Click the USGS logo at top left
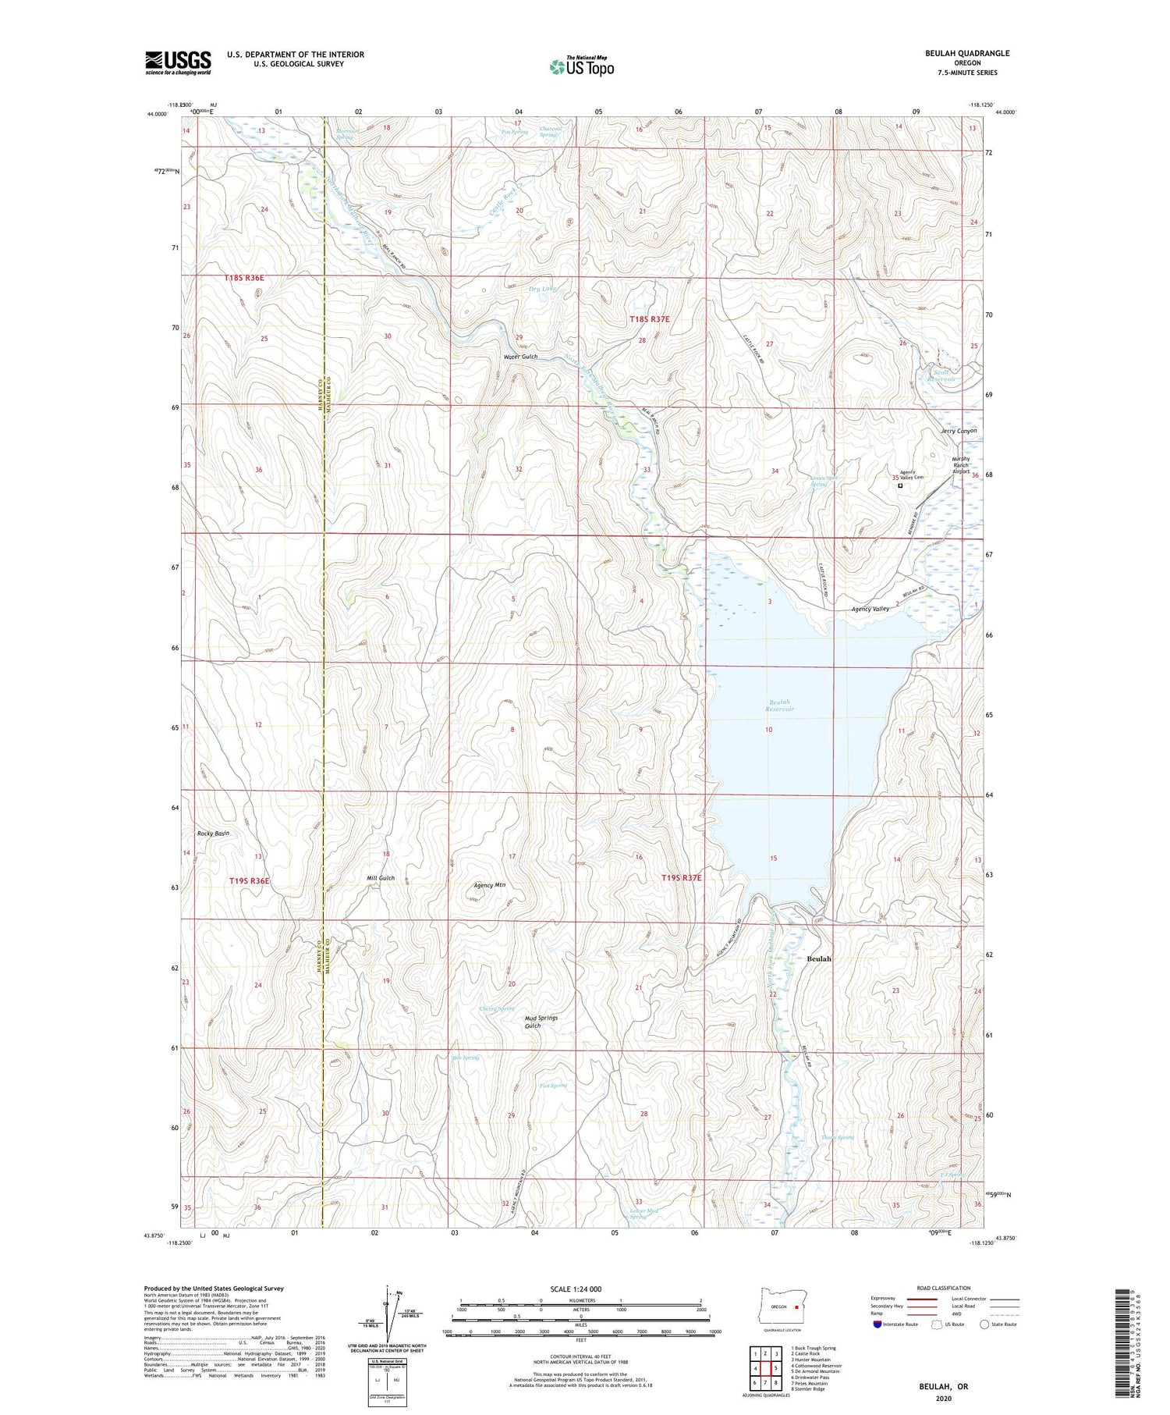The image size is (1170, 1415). (178, 62)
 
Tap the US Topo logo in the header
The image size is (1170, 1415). (581, 67)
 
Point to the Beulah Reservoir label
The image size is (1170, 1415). (779, 706)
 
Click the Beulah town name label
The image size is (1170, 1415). (819, 958)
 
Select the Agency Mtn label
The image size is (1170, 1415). (490, 885)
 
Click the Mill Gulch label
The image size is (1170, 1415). (381, 878)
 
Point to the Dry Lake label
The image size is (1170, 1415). (543, 289)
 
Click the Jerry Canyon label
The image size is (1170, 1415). (959, 431)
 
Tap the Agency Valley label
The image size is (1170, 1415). (870, 609)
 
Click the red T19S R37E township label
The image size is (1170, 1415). (682, 878)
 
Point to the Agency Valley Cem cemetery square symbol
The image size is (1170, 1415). (900, 485)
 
